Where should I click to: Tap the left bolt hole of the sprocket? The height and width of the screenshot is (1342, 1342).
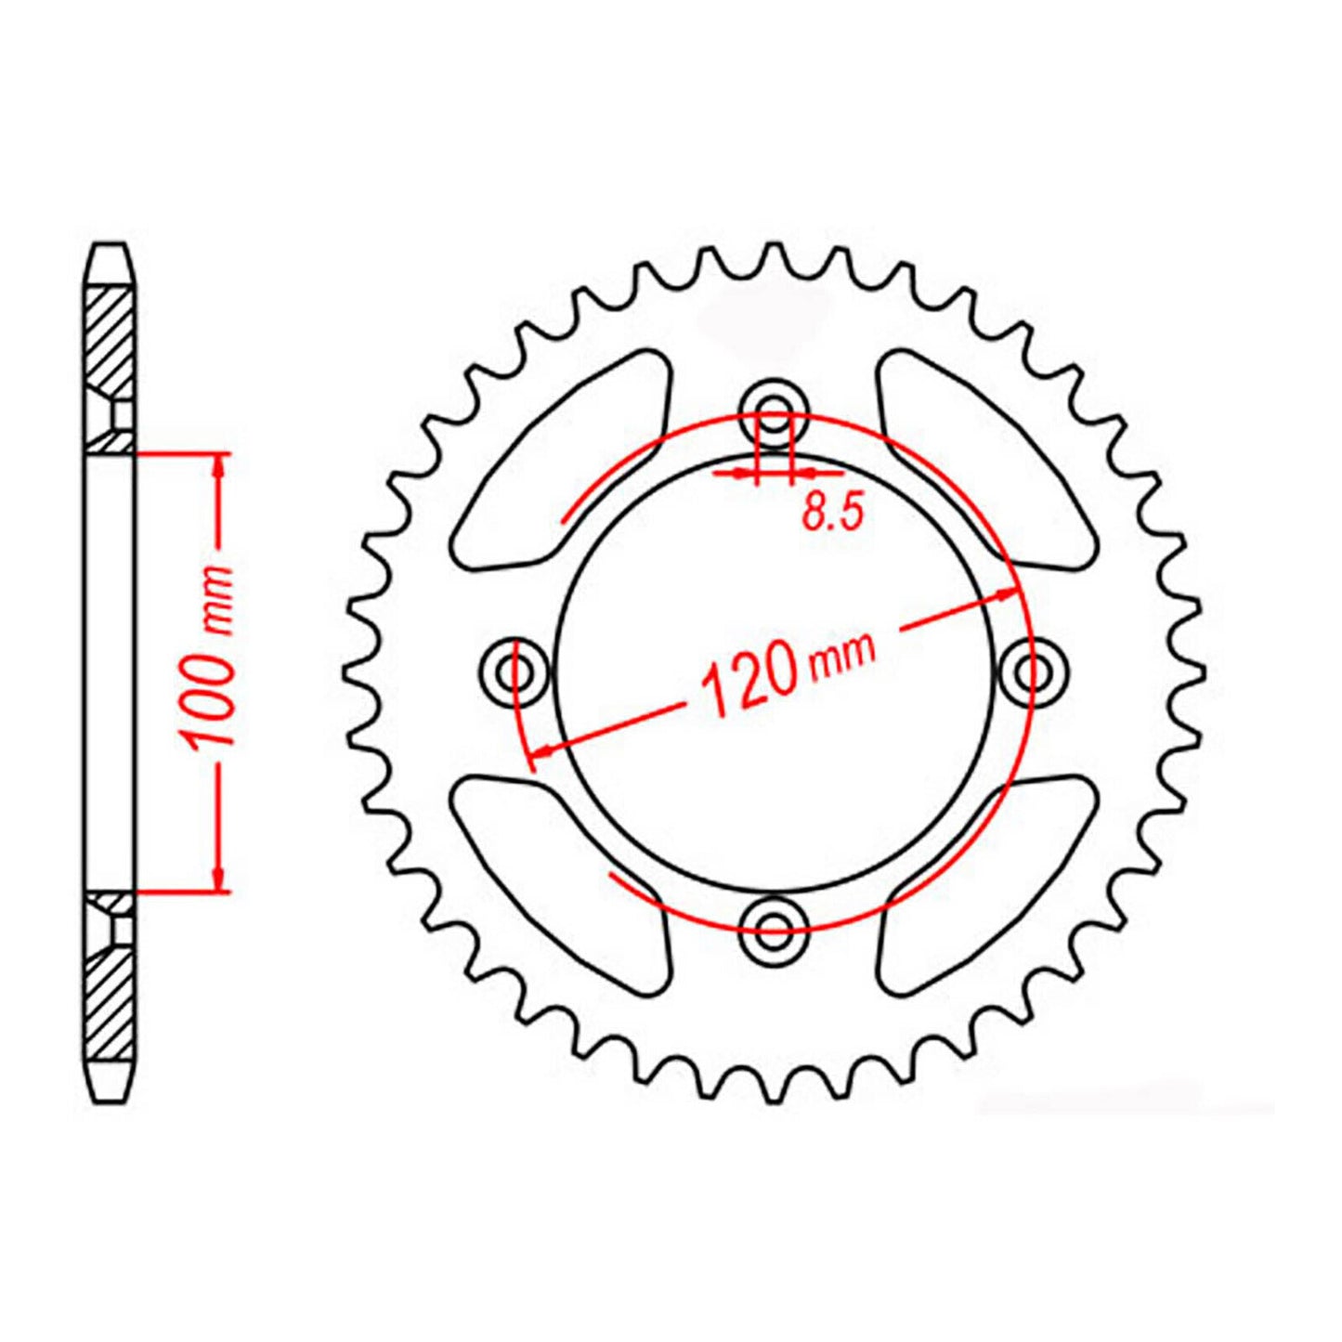(514, 668)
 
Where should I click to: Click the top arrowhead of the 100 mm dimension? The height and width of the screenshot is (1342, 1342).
(219, 464)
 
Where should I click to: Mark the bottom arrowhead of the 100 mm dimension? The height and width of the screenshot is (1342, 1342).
(219, 879)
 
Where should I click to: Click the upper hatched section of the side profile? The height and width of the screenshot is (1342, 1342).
(111, 339)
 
